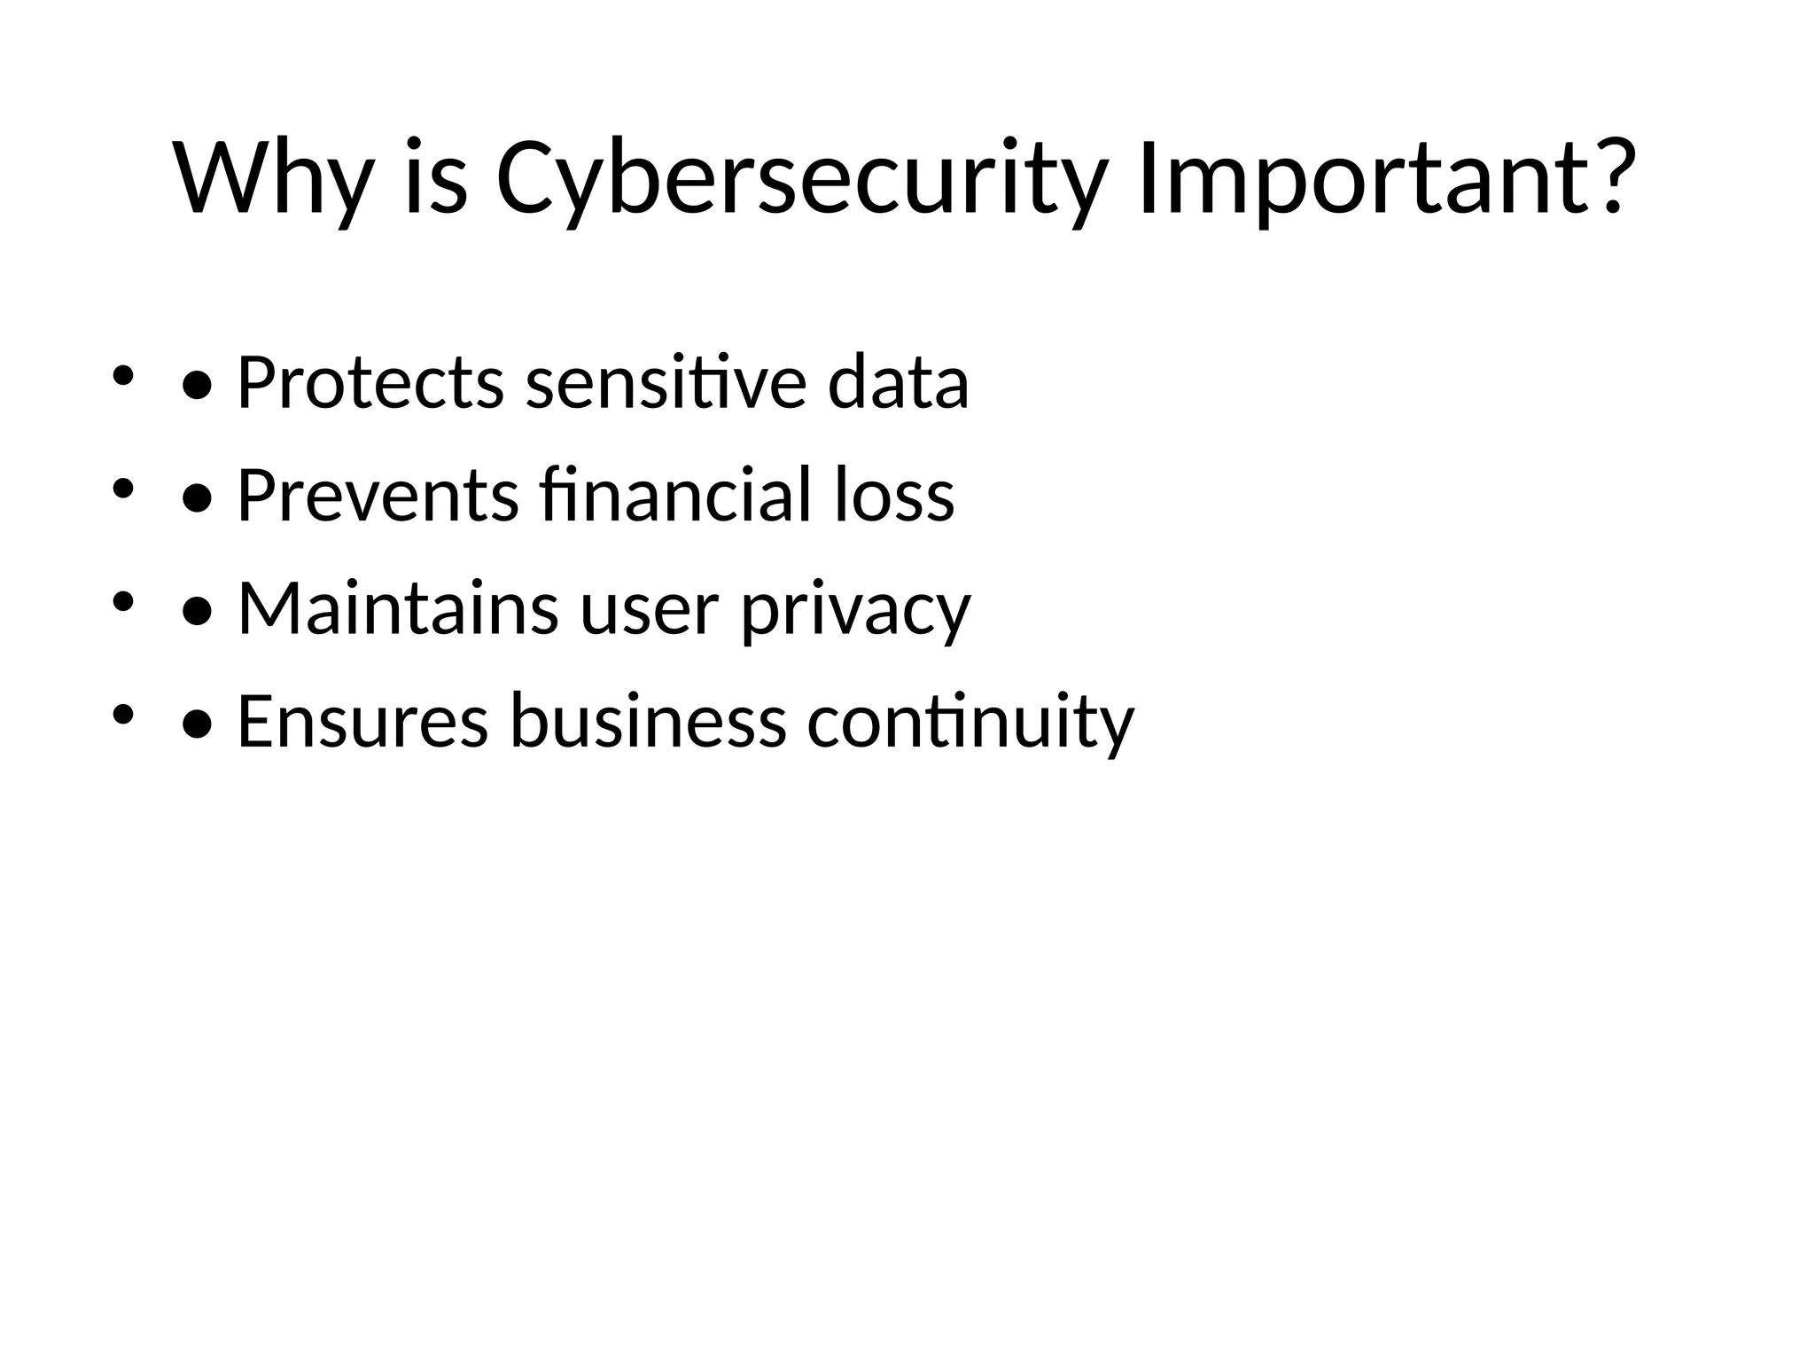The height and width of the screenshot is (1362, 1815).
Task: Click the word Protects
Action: click(x=370, y=383)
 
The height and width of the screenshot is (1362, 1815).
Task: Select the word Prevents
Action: click(x=378, y=497)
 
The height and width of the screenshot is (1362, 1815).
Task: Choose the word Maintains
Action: click(x=398, y=610)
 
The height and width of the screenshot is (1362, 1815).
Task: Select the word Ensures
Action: click(x=362, y=722)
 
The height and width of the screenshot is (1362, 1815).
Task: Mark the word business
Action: click(x=648, y=722)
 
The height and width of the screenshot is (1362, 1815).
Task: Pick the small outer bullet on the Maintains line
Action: click(x=122, y=602)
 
